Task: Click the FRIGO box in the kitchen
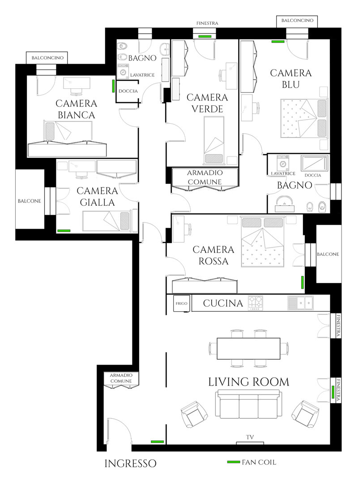click(181, 304)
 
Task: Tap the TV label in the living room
click(250, 437)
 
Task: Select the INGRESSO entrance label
click(130, 464)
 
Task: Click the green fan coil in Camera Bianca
click(114, 86)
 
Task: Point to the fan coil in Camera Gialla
click(64, 231)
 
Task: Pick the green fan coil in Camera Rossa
click(302, 282)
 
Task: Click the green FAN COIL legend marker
click(234, 462)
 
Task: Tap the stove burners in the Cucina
click(256, 303)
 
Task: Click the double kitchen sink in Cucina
click(300, 303)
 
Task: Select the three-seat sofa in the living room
click(248, 404)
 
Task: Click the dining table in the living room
click(248, 348)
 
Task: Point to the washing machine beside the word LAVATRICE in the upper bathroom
click(123, 71)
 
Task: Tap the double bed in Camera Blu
click(304, 118)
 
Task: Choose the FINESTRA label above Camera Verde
click(207, 23)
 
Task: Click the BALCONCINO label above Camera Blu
click(297, 20)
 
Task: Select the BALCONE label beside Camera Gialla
click(30, 201)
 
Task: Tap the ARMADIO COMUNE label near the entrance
click(121, 378)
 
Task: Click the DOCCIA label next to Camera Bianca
click(128, 91)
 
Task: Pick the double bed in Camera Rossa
click(263, 241)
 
